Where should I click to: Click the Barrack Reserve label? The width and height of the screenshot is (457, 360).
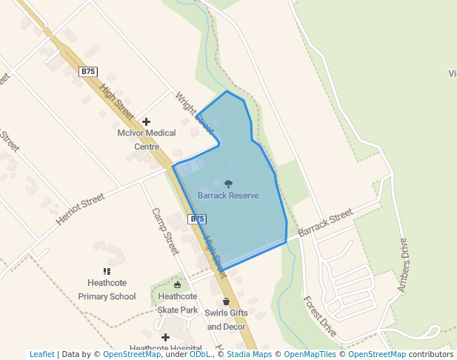228,196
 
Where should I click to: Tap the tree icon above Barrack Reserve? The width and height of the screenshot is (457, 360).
228,183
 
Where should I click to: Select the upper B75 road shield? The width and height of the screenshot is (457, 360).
88,71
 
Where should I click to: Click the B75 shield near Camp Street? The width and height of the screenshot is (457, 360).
197,219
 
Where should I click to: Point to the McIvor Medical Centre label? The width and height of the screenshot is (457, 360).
147,139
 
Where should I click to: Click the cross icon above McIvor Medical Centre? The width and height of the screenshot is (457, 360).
147,121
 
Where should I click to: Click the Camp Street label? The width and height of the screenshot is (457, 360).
165,231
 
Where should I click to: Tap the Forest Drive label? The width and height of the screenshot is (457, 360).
319,316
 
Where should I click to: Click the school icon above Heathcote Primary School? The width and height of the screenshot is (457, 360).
107,272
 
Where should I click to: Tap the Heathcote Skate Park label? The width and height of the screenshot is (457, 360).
178,303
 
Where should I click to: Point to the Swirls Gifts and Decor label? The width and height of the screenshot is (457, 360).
226,319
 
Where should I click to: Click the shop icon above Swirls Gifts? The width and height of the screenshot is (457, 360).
226,301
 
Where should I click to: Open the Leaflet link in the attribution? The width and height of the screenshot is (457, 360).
41,354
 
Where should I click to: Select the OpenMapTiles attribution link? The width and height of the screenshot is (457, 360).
310,354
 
